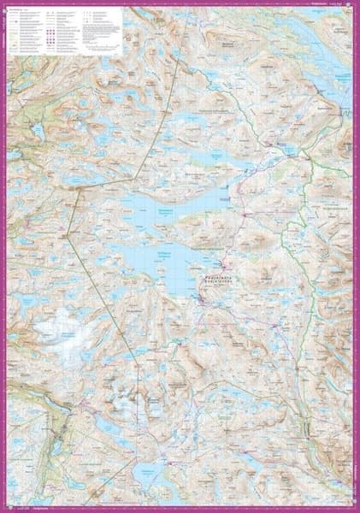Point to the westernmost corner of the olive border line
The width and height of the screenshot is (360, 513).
(68, 233)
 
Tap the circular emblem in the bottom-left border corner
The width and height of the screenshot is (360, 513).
(5, 507)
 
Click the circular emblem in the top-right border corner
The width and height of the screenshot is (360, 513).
(354, 5)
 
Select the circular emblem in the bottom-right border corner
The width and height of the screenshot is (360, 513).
(354, 507)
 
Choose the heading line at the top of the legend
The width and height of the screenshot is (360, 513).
(26, 12)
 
